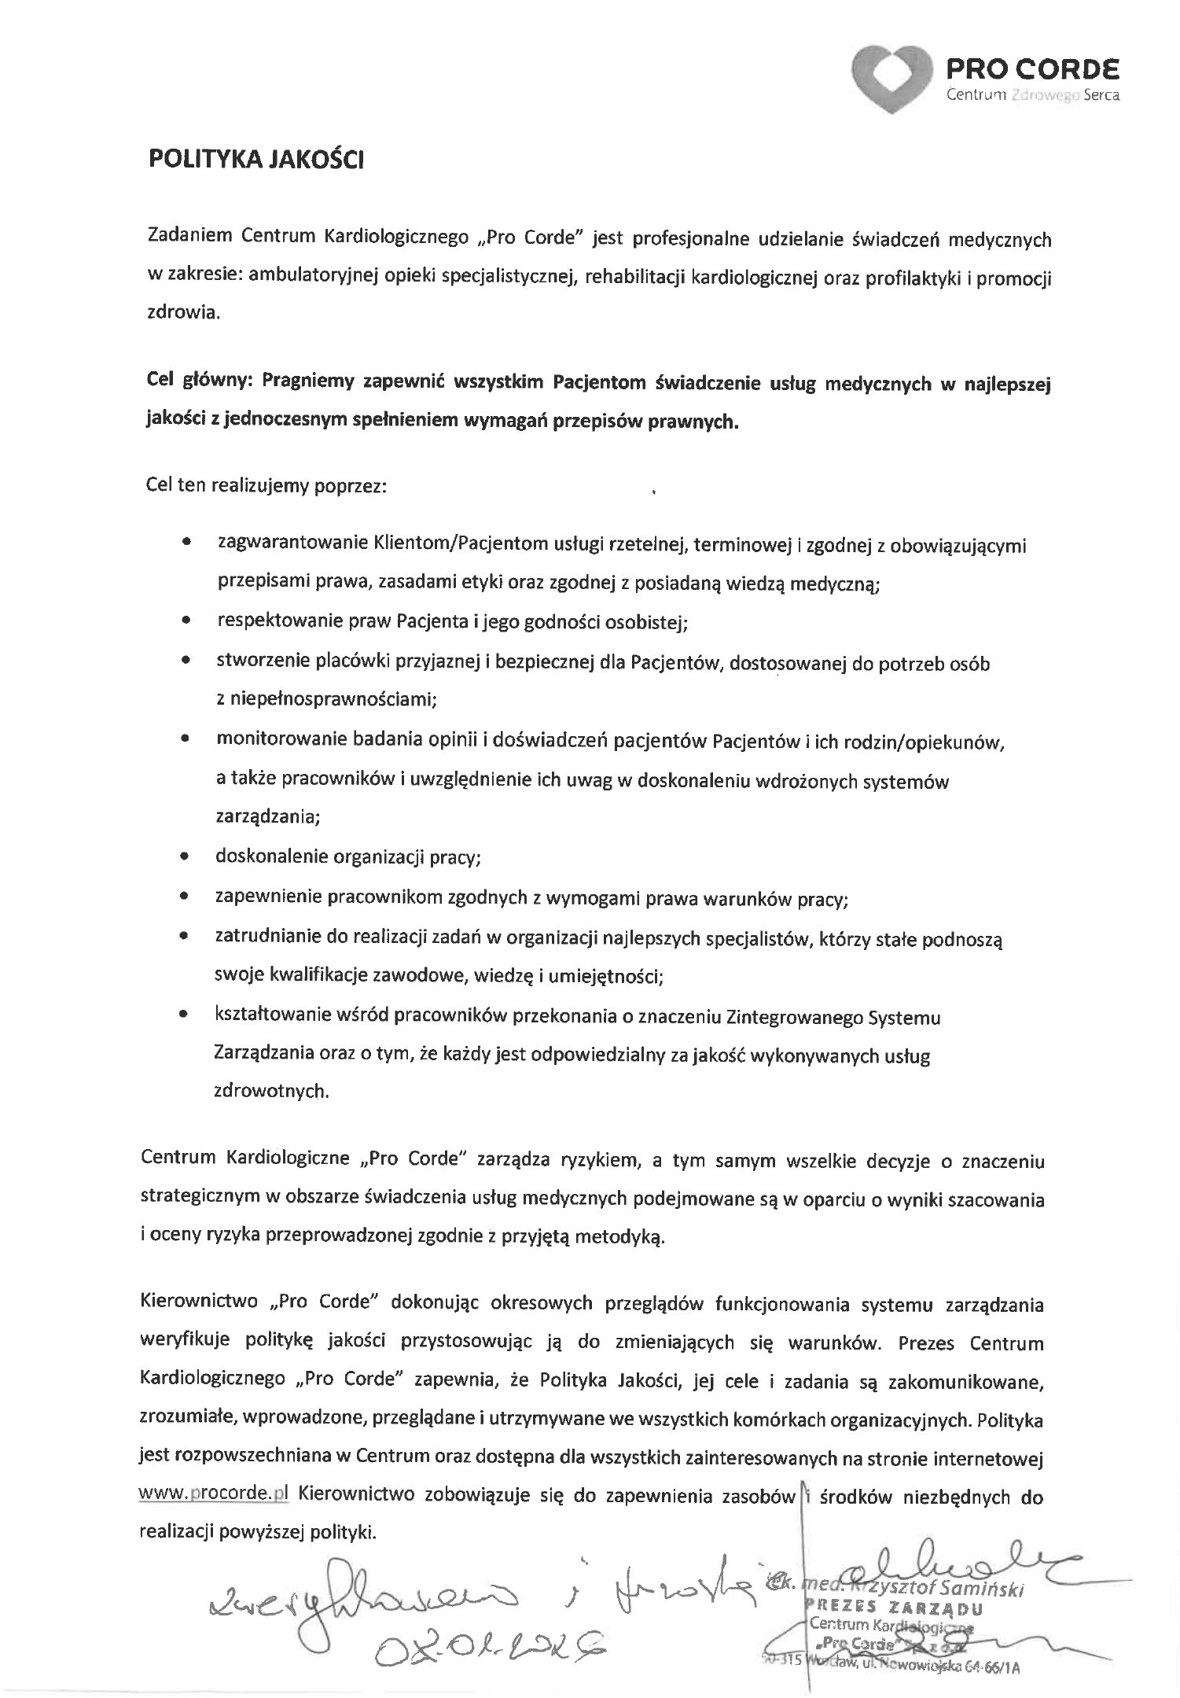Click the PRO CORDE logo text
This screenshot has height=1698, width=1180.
click(1034, 70)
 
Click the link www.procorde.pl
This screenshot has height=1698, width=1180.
click(214, 1494)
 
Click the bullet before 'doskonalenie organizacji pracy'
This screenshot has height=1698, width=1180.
click(185, 857)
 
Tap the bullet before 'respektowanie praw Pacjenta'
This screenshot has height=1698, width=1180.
click(185, 621)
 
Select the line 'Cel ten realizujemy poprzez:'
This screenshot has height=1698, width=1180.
click(267, 485)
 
